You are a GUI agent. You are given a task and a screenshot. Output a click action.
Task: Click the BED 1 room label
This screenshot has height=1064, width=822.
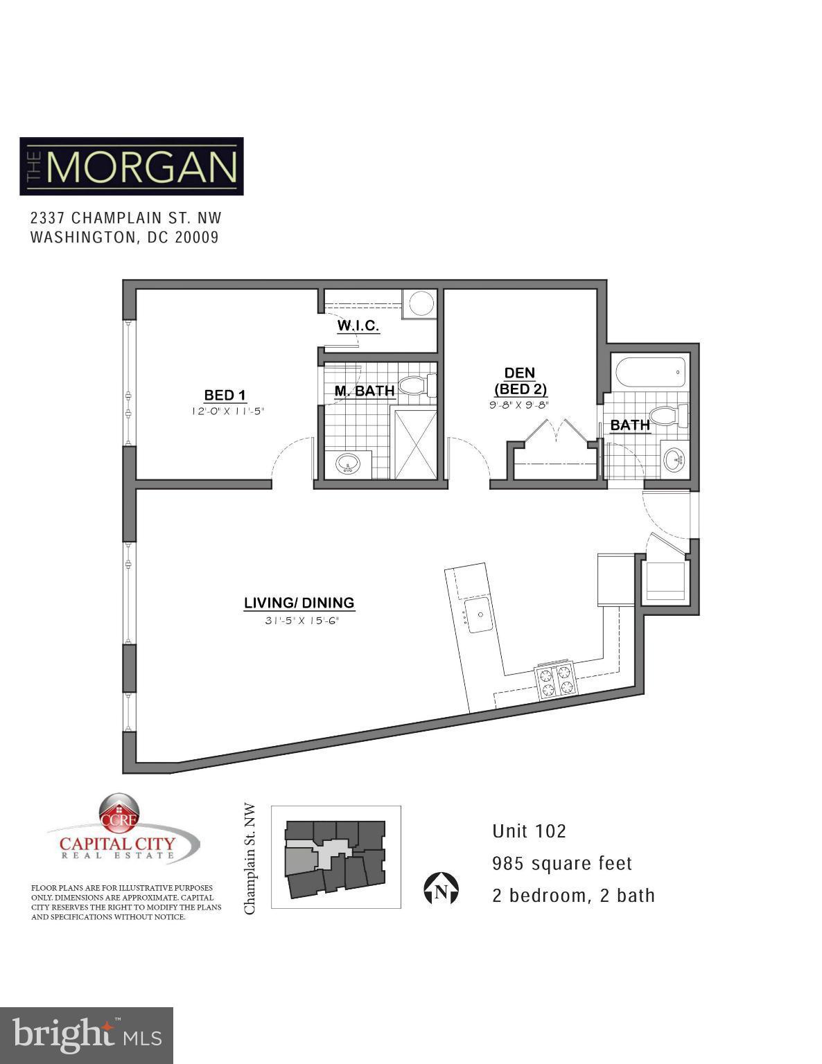[x=225, y=396]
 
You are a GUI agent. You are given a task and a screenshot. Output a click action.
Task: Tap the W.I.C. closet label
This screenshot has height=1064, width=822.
[x=358, y=326]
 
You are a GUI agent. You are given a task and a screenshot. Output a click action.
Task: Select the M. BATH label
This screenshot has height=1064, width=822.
[x=365, y=391]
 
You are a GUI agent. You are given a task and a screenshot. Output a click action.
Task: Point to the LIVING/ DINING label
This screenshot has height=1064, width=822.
[x=299, y=603]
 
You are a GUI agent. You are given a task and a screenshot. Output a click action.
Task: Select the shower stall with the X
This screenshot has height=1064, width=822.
[x=416, y=444]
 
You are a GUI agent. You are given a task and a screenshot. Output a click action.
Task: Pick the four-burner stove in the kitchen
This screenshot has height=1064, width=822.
[x=556, y=680]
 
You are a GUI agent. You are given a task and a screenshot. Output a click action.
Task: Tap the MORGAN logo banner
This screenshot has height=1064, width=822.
[x=132, y=166]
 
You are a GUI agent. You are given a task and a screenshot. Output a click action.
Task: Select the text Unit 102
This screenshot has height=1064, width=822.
[x=529, y=831]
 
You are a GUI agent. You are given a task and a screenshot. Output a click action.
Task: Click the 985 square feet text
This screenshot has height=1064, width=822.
[x=562, y=864]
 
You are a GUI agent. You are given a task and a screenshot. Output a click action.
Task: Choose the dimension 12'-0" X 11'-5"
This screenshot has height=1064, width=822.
[x=228, y=411]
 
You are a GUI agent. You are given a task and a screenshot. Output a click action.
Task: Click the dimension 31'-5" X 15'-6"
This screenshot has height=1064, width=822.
[x=300, y=621]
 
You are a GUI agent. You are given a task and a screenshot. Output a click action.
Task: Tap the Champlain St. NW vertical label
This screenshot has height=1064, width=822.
[x=251, y=859]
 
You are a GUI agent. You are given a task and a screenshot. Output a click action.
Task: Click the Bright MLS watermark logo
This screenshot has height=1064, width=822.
[x=87, y=1035]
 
